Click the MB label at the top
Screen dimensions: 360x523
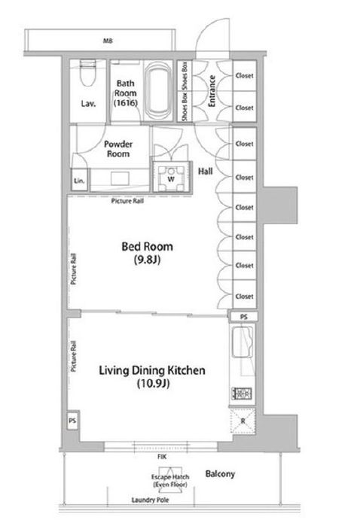[x=108, y=41]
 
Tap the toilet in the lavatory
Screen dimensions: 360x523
[x=88, y=74]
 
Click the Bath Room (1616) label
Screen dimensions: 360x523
[x=126, y=93]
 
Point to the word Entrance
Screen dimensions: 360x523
[x=212, y=91]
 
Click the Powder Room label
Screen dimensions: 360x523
[x=118, y=149]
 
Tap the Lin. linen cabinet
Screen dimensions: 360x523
[x=80, y=180]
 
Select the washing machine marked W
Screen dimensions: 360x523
[x=172, y=178]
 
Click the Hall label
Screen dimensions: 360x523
[x=205, y=172]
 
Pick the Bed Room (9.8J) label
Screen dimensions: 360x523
[x=148, y=253]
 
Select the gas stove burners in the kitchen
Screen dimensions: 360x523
[x=242, y=394]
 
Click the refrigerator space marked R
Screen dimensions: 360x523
[x=243, y=421]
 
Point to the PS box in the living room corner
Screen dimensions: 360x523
[x=73, y=421]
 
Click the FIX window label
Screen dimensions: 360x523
[x=162, y=457]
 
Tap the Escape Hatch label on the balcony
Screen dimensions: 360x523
[x=170, y=481]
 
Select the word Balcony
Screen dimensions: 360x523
[x=220, y=473]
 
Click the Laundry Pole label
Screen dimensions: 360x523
[x=150, y=500]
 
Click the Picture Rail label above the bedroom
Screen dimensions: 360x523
[x=127, y=201]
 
